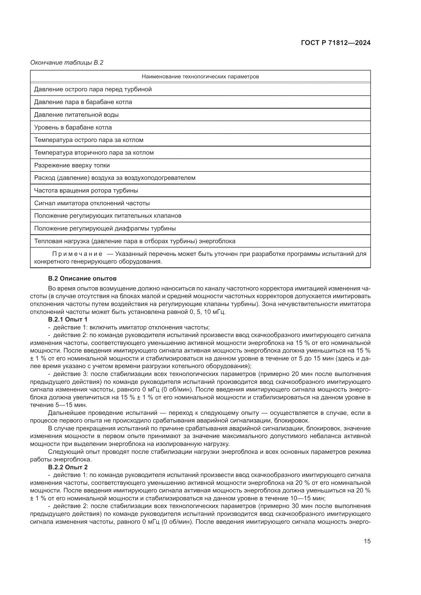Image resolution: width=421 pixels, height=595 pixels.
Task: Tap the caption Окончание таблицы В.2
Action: [67, 63]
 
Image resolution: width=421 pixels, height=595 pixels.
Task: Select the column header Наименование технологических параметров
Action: [200, 77]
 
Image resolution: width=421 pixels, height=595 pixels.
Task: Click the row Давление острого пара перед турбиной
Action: [93, 89]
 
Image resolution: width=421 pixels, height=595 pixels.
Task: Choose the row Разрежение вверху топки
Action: [72, 165]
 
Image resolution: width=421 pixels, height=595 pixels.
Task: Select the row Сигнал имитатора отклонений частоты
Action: [92, 203]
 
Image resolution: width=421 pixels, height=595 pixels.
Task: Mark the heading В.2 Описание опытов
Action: [82, 279]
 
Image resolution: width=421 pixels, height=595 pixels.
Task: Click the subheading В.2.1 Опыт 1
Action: [68, 320]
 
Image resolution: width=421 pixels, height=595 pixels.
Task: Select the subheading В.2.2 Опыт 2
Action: [68, 467]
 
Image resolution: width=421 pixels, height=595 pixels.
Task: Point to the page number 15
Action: [367, 541]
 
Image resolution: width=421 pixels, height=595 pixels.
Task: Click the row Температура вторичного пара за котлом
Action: [94, 153]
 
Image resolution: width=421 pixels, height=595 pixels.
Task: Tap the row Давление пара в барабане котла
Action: [83, 102]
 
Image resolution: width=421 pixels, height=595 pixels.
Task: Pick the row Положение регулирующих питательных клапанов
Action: [108, 216]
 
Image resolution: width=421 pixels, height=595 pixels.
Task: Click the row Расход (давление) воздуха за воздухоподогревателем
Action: [115, 178]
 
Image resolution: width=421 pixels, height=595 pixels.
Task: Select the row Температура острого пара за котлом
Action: [89, 140]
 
